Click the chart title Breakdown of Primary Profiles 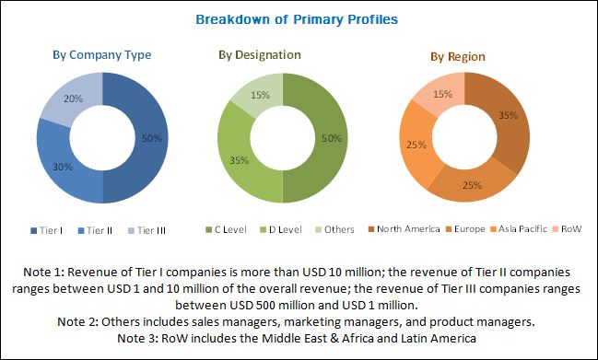coord(297,19)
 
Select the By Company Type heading coord(102,55)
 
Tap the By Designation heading coord(260,55)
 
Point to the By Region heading coord(458,57)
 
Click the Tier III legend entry coord(147,230)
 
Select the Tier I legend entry coord(46,230)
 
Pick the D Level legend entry coord(280,229)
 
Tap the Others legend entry coord(334,229)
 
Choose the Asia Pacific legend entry coord(519,229)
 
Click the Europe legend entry coord(465,229)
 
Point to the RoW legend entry coord(567,229)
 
